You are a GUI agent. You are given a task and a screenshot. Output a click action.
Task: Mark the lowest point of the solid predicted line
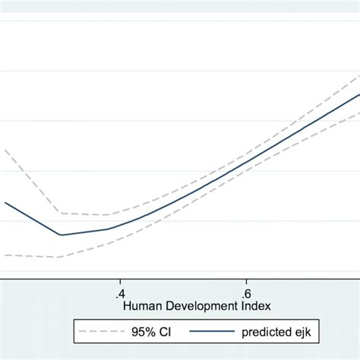tap(61, 235)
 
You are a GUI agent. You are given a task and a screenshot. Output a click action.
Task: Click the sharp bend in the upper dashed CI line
tap(61, 213)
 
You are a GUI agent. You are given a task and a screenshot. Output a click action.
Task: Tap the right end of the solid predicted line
tap(358, 95)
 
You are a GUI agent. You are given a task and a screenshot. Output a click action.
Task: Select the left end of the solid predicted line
tap(5, 202)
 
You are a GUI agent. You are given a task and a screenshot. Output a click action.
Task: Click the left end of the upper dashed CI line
tap(5, 149)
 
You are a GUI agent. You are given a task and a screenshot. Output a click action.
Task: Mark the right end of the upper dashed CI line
tap(358, 75)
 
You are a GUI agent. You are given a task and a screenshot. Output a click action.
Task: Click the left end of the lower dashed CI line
tap(5, 255)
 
